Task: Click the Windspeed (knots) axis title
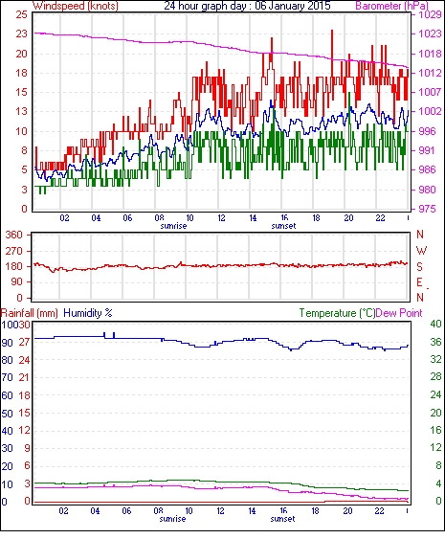pyautogui.click(x=76, y=6)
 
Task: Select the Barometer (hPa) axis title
pyautogui.click(x=392, y=6)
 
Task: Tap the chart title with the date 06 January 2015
pyautogui.click(x=247, y=6)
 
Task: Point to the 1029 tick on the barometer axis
pyautogui.click(x=430, y=14)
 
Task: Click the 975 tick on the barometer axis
pyautogui.click(x=428, y=209)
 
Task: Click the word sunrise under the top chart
pyautogui.click(x=173, y=226)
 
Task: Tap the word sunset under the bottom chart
pyautogui.click(x=283, y=519)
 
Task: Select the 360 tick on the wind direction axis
pyautogui.click(x=14, y=236)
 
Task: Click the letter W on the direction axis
pyautogui.click(x=421, y=251)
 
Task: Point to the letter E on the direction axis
pyautogui.click(x=419, y=282)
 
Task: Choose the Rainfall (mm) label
pyautogui.click(x=30, y=313)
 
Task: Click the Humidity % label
pyautogui.click(x=88, y=313)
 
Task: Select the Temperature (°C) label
pyautogui.click(x=337, y=313)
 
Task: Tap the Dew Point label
pyautogui.click(x=399, y=313)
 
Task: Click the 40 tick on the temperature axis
pyautogui.click(x=435, y=324)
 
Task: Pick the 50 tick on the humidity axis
pyautogui.click(x=8, y=414)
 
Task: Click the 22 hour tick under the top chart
pyautogui.click(x=380, y=218)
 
